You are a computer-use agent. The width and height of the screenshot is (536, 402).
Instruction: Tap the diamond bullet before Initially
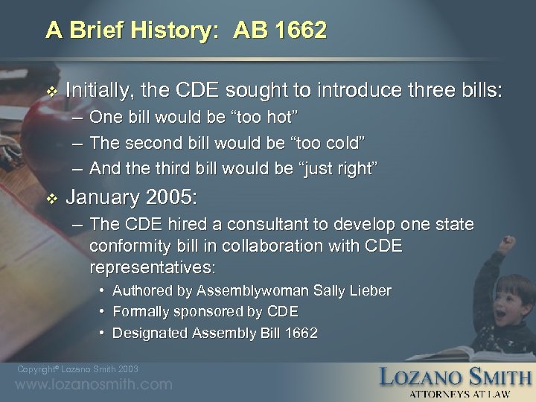(x=51, y=92)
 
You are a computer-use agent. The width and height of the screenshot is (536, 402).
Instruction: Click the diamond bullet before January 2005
(x=51, y=199)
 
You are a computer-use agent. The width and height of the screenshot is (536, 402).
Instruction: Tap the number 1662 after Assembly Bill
(x=301, y=333)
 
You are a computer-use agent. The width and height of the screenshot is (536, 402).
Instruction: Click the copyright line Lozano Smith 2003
(x=77, y=369)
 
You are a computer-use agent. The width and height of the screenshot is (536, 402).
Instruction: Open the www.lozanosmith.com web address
(x=93, y=385)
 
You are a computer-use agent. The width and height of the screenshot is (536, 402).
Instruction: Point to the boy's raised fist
(x=508, y=243)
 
